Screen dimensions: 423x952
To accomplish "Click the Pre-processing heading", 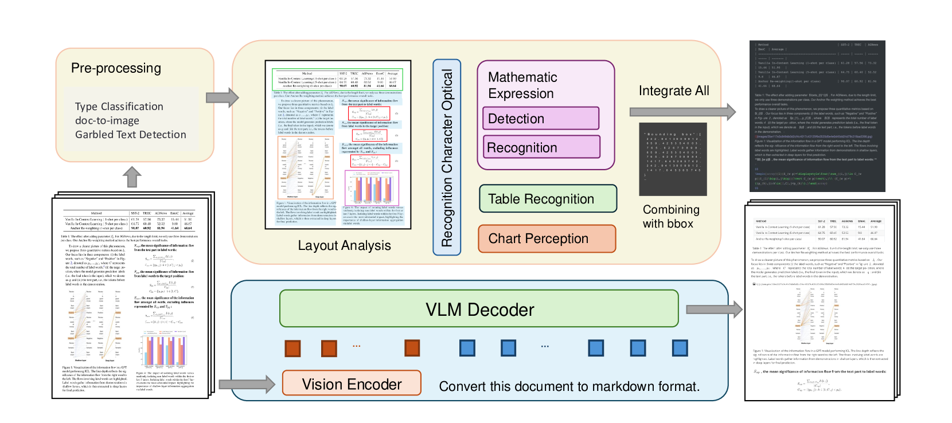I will [x=116, y=68].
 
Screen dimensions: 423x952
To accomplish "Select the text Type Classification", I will [x=119, y=107].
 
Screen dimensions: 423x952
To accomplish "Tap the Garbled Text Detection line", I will [x=130, y=135].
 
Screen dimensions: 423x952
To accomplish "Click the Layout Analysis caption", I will [x=344, y=245].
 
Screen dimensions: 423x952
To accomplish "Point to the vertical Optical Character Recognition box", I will [x=447, y=158].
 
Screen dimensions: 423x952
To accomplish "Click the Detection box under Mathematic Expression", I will [x=541, y=119].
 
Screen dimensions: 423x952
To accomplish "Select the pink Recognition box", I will [x=541, y=147].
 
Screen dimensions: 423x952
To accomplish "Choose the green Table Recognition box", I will [x=548, y=199].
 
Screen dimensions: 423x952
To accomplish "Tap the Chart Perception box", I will [x=547, y=238].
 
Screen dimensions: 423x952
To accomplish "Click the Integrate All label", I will [x=674, y=91].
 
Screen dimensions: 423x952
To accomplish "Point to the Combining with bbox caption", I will [x=670, y=217].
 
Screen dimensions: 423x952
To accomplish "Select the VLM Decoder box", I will [x=479, y=310].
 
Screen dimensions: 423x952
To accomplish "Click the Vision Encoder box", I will [x=352, y=383].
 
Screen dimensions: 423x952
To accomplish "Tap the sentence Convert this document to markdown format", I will [x=569, y=386].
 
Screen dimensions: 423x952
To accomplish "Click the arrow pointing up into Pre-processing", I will [x=132, y=177].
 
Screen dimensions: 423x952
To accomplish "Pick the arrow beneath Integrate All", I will [x=682, y=112].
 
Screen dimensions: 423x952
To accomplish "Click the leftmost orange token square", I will [x=292, y=348].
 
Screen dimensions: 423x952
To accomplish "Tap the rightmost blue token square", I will [x=680, y=348].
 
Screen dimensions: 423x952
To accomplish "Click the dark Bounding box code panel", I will [x=673, y=159].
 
